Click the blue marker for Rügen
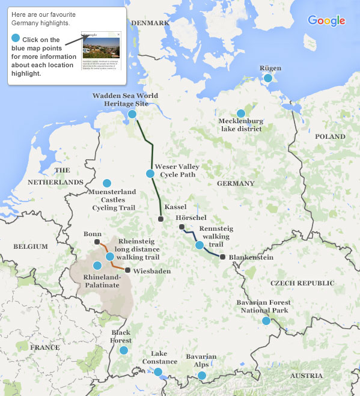pos(268,78)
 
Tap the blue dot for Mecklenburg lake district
pos(241,113)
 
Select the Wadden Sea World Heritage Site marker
pos(132,114)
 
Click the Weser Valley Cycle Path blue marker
pos(150,174)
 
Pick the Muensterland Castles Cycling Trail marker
pos(107,183)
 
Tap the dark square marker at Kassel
pos(160,219)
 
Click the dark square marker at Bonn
pos(97,242)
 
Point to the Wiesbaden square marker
pos(127,269)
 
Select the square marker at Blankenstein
pos(222,257)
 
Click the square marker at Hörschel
pos(182,227)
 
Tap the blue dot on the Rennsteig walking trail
pos(200,245)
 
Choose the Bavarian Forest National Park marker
pos(266,321)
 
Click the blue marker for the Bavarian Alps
pos(202,376)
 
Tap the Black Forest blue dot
pos(124,350)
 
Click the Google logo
pos(326,20)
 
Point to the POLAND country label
pos(330,137)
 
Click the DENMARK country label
pos(150,23)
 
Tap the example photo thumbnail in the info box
pos(101,50)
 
